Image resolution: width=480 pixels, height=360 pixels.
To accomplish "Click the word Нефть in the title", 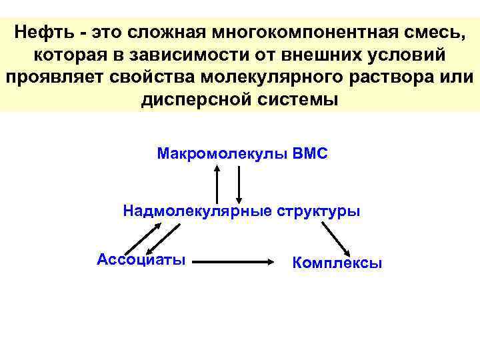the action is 45,31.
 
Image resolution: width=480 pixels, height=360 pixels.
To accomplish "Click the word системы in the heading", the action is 293,99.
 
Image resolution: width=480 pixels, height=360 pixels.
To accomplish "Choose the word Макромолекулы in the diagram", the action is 223,154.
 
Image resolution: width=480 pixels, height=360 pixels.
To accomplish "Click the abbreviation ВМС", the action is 310,154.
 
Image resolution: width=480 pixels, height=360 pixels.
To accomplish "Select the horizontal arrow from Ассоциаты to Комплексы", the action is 239,263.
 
